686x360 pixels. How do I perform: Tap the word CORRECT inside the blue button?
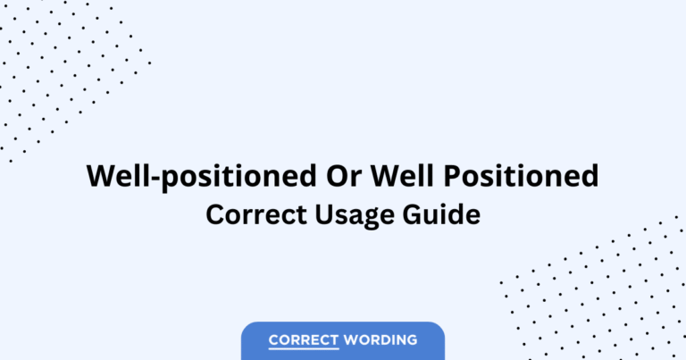click(x=304, y=339)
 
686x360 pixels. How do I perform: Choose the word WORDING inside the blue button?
click(x=381, y=339)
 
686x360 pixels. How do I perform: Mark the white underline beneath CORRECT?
click(x=304, y=349)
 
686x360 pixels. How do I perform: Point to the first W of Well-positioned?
click(x=99, y=176)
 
